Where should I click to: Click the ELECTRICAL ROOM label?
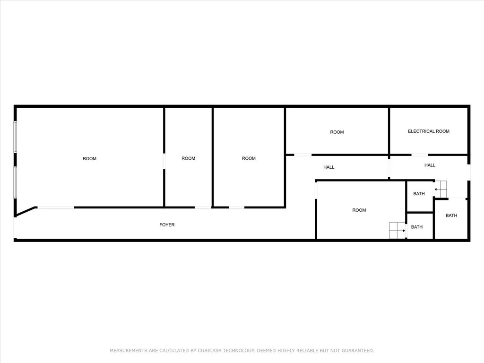428,131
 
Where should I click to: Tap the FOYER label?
167,225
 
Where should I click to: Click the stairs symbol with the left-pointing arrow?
441,189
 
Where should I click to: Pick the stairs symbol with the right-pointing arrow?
397,230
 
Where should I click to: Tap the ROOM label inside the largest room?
89,159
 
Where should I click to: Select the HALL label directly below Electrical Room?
430,165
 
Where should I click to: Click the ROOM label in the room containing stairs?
359,210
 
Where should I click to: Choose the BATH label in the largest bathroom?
451,216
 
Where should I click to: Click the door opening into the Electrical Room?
420,155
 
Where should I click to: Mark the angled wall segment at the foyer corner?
26,211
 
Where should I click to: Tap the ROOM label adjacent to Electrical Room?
337,132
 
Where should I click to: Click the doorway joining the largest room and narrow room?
164,161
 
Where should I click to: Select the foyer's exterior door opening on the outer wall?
15,227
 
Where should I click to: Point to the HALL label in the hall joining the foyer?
329,167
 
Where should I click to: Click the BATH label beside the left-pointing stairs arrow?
419,194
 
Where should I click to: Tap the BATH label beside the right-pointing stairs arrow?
417,227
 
